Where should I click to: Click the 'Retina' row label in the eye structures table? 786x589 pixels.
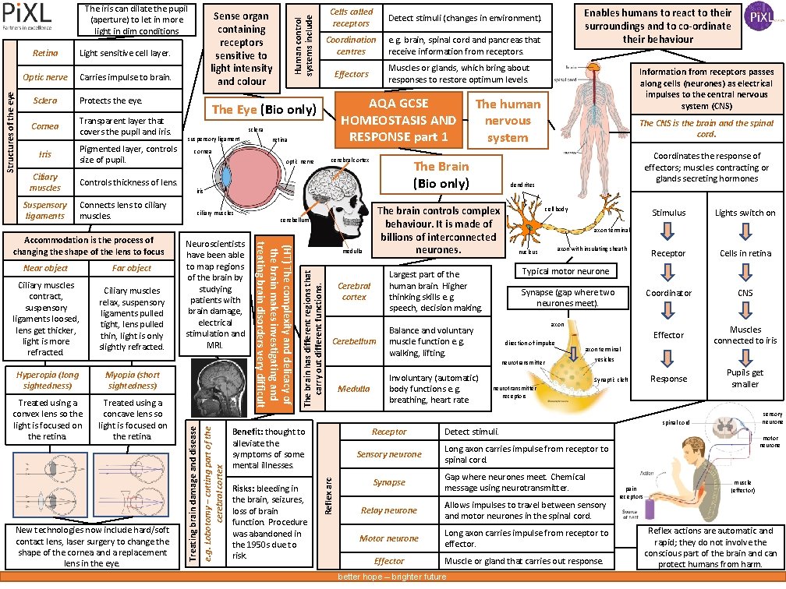pos(45,54)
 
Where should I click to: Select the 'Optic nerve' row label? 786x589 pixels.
pos(45,77)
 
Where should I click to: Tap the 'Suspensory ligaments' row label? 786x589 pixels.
pos(45,210)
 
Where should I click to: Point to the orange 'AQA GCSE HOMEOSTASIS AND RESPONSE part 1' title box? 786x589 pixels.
pos(399,120)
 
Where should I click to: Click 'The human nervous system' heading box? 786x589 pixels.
pos(508,120)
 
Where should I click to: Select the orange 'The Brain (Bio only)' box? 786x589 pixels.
pos(441,175)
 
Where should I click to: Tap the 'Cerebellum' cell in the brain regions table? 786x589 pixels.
pos(354,341)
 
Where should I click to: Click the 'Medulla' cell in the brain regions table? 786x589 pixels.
pos(354,388)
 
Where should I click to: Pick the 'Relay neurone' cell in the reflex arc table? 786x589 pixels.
pos(389,510)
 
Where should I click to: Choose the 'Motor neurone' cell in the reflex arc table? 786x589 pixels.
pos(389,538)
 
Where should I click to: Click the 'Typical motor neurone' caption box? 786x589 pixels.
pos(565,271)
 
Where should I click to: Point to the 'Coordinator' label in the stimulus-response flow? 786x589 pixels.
pos(668,293)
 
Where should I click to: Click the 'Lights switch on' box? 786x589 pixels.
pos(745,213)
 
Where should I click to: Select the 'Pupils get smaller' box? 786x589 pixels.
pos(745,378)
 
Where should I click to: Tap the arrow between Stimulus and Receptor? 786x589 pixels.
pos(668,232)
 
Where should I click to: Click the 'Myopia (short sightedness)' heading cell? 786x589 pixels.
pos(133,380)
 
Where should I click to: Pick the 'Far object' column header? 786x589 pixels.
pos(132,268)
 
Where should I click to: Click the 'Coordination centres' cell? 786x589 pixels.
pos(351,45)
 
